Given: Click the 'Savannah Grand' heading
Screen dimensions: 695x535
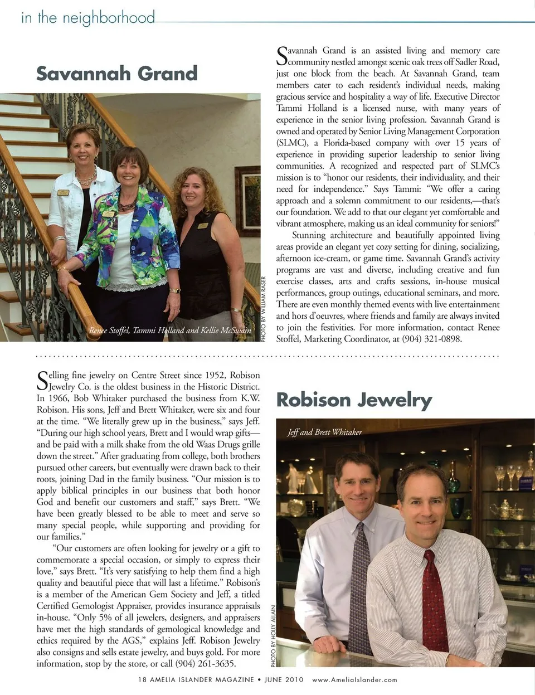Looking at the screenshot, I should tap(117, 74).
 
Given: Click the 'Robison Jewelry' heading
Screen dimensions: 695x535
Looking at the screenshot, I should tap(354, 400).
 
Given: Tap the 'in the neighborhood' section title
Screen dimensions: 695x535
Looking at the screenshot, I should tap(88, 18).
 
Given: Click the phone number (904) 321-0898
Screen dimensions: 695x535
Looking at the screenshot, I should tap(432, 339).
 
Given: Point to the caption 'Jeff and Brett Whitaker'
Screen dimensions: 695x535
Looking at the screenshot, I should tap(324, 432).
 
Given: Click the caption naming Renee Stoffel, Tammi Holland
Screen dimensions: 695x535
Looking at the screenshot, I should tap(170, 331).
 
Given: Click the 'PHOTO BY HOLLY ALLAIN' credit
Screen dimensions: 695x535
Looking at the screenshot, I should tap(273, 636).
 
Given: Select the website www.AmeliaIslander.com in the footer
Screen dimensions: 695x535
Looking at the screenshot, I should tap(354, 680).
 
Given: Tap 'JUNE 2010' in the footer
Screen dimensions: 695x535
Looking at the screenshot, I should tap(284, 680).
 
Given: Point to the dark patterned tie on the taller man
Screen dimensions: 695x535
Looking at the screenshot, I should tap(360, 580).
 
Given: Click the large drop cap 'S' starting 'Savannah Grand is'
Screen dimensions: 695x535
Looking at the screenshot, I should tap(282, 56).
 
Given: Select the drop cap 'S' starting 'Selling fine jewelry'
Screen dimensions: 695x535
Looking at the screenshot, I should tap(42, 381).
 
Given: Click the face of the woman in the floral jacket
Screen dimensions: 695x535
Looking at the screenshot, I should tap(129, 174).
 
